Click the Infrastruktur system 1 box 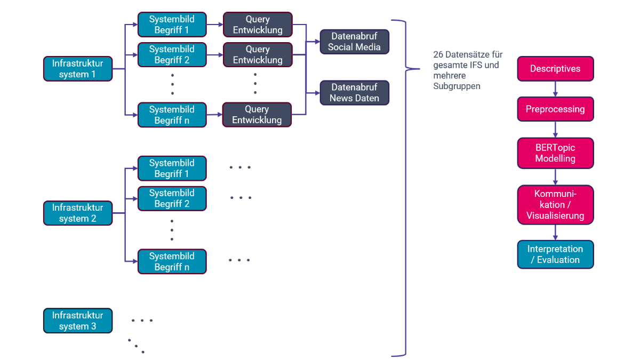coord(78,69)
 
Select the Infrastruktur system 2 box coord(78,213)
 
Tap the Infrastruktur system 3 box coord(78,321)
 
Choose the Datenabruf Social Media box coord(355,42)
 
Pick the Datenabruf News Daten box coord(355,93)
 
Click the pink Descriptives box coord(555,69)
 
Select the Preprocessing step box coord(555,109)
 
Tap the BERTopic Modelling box coord(555,153)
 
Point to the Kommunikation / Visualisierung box coord(555,205)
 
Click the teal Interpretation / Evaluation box coord(555,254)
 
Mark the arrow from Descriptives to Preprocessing coord(555,89)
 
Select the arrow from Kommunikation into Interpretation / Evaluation coord(555,233)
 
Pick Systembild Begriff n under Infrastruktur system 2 coord(172,261)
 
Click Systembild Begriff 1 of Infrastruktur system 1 coord(172,25)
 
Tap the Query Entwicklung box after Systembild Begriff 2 coord(258,55)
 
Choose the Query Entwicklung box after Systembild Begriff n coord(257,115)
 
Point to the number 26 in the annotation coord(438,55)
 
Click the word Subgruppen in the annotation coord(457,86)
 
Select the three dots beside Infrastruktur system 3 coord(142,321)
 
